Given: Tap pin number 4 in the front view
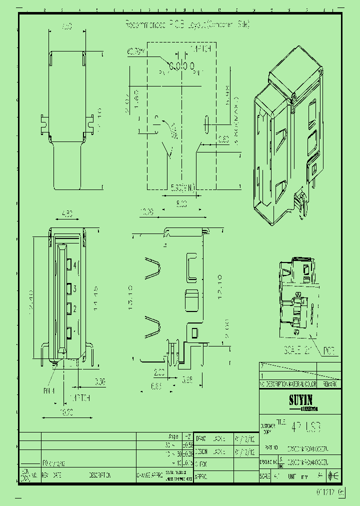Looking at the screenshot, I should point(75,265).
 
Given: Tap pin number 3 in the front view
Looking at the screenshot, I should point(75,289).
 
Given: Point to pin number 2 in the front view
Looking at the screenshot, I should point(75,307).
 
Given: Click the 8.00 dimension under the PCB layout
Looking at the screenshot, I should point(181,203).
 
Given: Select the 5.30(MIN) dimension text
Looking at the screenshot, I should point(182,187).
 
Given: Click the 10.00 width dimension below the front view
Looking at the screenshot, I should point(67,413).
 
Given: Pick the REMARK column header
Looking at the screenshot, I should point(329,383).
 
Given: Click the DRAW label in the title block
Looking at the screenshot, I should point(201,438).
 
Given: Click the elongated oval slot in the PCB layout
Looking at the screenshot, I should point(205,123).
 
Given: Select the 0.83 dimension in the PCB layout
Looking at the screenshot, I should point(223,138).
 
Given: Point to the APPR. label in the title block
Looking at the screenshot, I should point(201,476).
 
